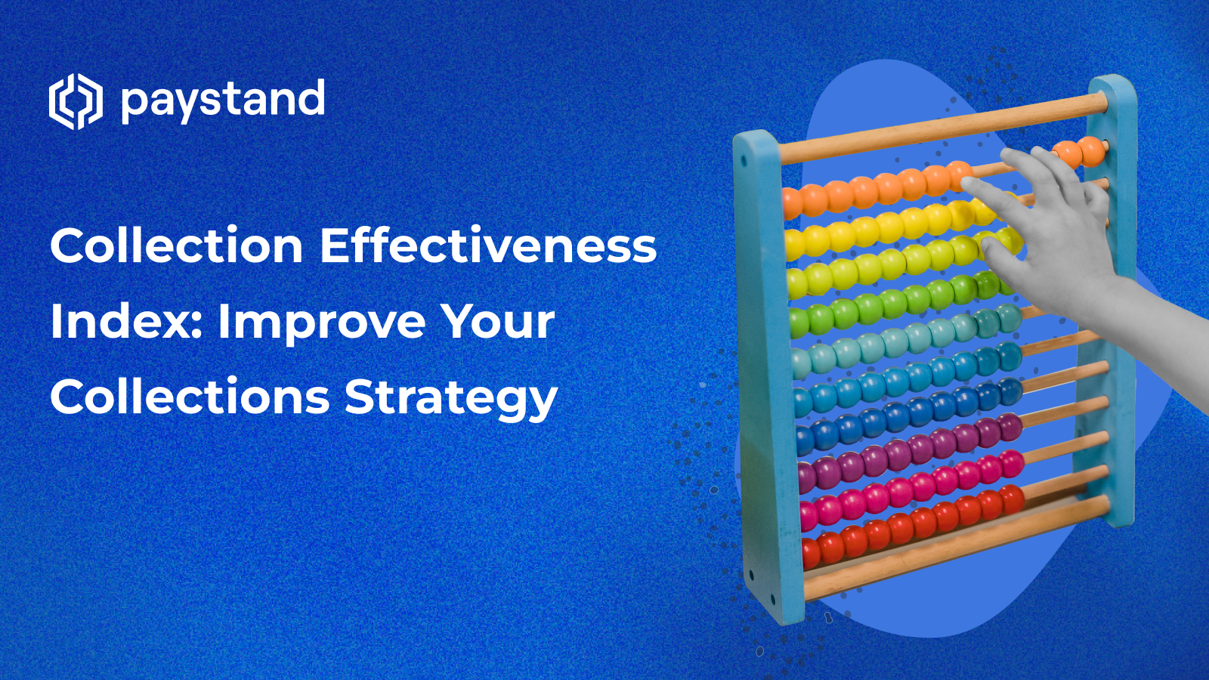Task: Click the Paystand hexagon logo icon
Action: (75, 101)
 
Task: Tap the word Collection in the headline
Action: (176, 246)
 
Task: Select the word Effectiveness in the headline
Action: (488, 246)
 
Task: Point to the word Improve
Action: (321, 322)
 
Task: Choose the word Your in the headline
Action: (498, 322)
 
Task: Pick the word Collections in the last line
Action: (190, 397)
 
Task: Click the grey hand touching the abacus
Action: (1058, 227)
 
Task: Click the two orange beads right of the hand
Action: (1079, 153)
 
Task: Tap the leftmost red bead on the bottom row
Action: (810, 554)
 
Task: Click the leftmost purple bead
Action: (807, 476)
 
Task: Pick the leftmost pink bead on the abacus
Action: (809, 516)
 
